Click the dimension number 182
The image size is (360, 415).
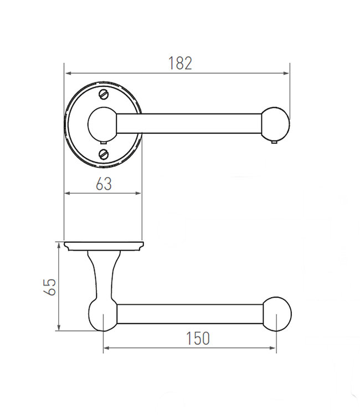click(180, 63)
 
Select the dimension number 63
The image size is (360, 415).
click(104, 184)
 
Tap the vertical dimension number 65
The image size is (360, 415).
click(49, 287)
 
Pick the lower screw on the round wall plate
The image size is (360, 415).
click(104, 153)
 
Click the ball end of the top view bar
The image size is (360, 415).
click(275, 123)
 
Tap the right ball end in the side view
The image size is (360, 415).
click(276, 314)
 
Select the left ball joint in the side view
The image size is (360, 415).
click(102, 314)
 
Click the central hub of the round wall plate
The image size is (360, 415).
click(102, 123)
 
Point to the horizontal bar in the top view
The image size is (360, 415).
click(188, 123)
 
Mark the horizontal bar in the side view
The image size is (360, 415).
click(188, 314)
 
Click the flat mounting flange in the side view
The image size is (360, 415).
click(104, 245)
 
